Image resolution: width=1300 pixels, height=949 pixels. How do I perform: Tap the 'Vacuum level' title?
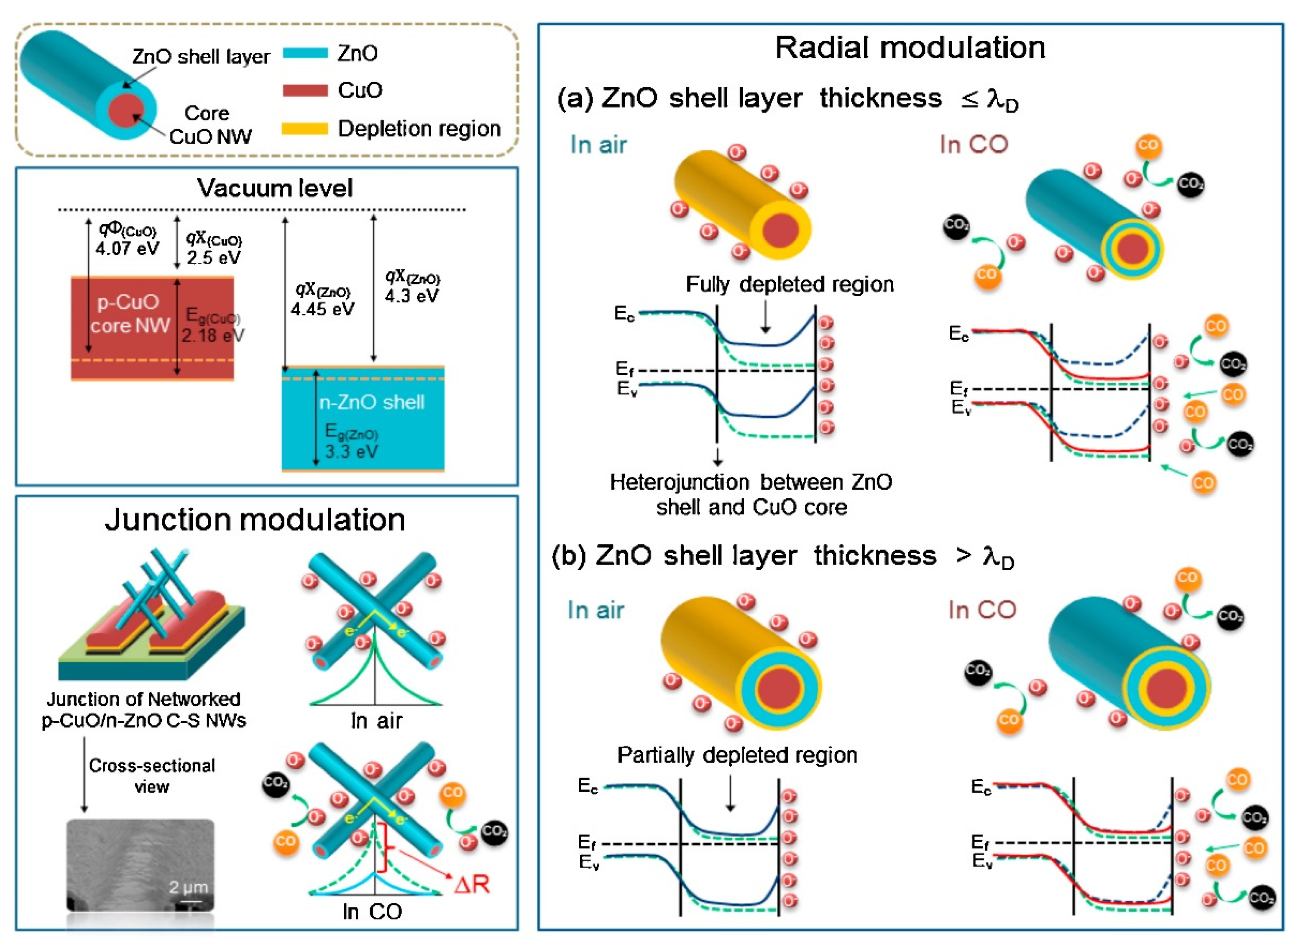[275, 188]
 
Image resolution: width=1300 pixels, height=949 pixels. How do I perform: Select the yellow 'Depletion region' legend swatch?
[305, 129]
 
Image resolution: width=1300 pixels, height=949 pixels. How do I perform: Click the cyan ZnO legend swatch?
[305, 53]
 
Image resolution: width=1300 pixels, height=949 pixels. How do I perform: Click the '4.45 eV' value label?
[322, 309]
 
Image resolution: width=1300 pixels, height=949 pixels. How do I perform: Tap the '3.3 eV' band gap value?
[351, 451]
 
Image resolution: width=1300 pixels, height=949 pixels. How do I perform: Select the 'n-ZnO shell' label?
[372, 402]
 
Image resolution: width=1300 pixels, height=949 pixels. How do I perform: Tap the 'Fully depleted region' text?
[790, 284]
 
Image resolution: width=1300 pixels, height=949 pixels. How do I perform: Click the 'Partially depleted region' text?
[737, 755]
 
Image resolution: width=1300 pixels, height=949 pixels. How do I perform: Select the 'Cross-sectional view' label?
[152, 776]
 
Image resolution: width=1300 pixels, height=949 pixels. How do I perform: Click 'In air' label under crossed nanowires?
[377, 721]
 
